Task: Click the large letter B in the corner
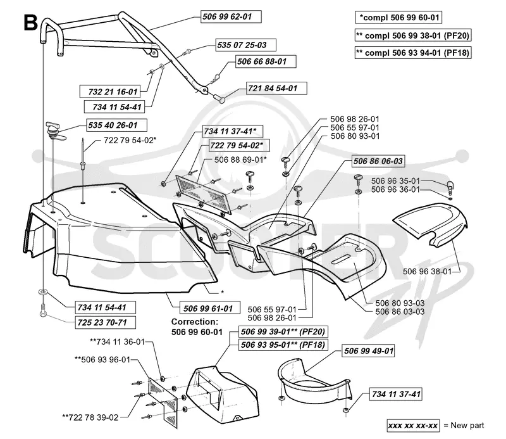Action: pyautogui.click(x=30, y=23)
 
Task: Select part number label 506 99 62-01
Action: pyautogui.click(x=231, y=16)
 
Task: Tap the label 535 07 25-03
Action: pyautogui.click(x=245, y=45)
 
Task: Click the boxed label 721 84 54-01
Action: pyautogui.click(x=276, y=88)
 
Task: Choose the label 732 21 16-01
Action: pyautogui.click(x=109, y=91)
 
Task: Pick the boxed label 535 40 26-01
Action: pyautogui.click(x=116, y=125)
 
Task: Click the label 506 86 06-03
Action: pyautogui.click(x=378, y=161)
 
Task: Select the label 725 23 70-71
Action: pyautogui.click(x=105, y=322)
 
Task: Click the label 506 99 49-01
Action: pyautogui.click(x=369, y=351)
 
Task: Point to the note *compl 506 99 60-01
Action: pyautogui.click(x=398, y=18)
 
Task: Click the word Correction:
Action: pyautogui.click(x=195, y=322)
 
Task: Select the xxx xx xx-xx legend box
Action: pyautogui.click(x=413, y=426)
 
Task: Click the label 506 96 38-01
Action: pyautogui.click(x=428, y=271)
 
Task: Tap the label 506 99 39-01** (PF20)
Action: pyautogui.click(x=283, y=332)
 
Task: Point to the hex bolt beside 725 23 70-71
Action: pyautogui.click(x=43, y=310)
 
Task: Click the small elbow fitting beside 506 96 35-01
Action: pyautogui.click(x=450, y=186)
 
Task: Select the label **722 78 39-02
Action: pyautogui.click(x=90, y=417)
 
